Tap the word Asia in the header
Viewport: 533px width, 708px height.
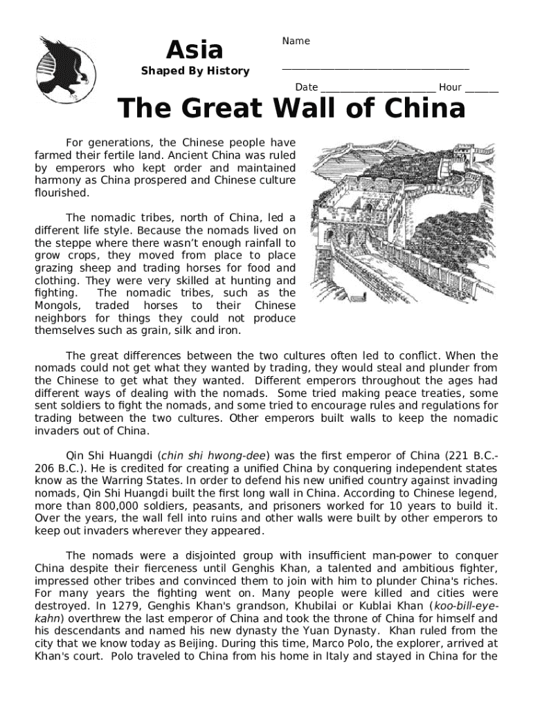click(195, 49)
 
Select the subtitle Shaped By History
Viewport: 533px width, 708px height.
click(195, 71)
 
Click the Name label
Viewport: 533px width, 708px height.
click(296, 41)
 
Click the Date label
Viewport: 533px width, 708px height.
click(307, 87)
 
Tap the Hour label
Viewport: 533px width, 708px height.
click(450, 87)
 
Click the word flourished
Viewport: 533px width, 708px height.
click(57, 193)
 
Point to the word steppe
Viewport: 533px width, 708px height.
click(69, 243)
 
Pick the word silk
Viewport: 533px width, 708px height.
click(193, 330)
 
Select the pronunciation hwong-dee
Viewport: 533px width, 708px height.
click(233, 455)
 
